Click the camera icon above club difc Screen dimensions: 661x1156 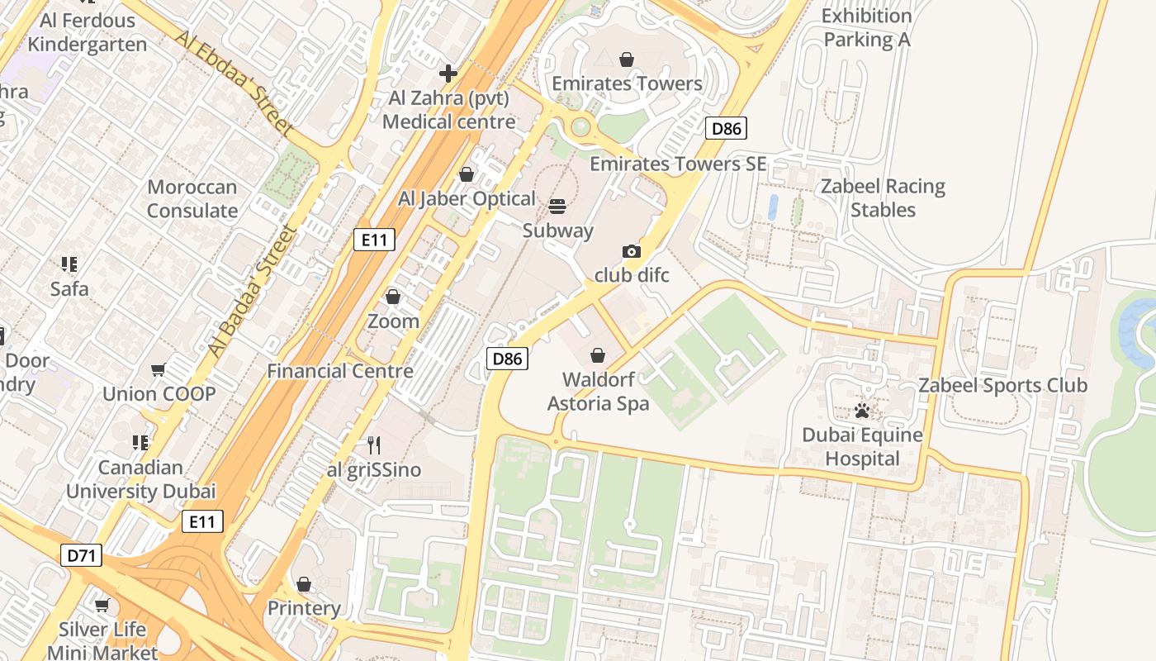[631, 251]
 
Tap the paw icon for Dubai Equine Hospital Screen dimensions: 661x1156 [862, 410]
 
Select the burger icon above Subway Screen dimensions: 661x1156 [557, 206]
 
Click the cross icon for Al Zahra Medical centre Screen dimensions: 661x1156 [448, 74]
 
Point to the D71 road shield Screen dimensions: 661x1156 [82, 555]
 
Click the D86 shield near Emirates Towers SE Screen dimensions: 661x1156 [727, 128]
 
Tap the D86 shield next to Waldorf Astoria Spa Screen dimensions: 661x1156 [507, 359]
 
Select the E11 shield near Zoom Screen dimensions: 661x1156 [374, 240]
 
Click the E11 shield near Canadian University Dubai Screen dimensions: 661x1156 [202, 521]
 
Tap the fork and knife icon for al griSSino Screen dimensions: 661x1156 [374, 445]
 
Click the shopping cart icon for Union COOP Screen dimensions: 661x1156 [159, 369]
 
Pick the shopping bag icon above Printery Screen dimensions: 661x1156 [304, 584]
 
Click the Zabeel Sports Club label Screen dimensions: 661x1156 [1002, 385]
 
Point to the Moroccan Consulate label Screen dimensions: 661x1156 [192, 199]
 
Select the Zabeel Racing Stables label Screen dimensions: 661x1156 [883, 198]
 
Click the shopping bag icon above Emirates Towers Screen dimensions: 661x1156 [627, 59]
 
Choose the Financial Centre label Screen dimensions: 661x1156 [340, 371]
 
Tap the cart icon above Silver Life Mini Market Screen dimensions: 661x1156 [102, 606]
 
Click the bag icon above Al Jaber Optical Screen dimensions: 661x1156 [467, 174]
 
